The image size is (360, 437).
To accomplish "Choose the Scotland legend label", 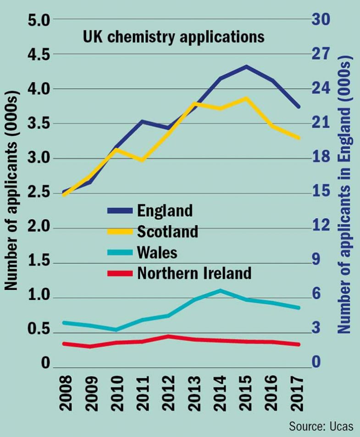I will tap(167, 231).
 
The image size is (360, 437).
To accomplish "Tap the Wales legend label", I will tap(157, 252).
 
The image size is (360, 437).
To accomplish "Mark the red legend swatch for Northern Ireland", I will tap(119, 274).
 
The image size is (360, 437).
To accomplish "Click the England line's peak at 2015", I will tap(246, 67).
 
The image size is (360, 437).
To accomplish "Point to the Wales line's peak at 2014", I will tap(220, 290).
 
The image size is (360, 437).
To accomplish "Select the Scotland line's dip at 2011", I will tap(143, 161).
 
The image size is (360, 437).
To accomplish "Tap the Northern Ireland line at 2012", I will tap(168, 336).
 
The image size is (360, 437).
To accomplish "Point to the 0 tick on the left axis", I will tap(45, 364).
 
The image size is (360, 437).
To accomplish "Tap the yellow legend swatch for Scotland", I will tap(119, 232).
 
